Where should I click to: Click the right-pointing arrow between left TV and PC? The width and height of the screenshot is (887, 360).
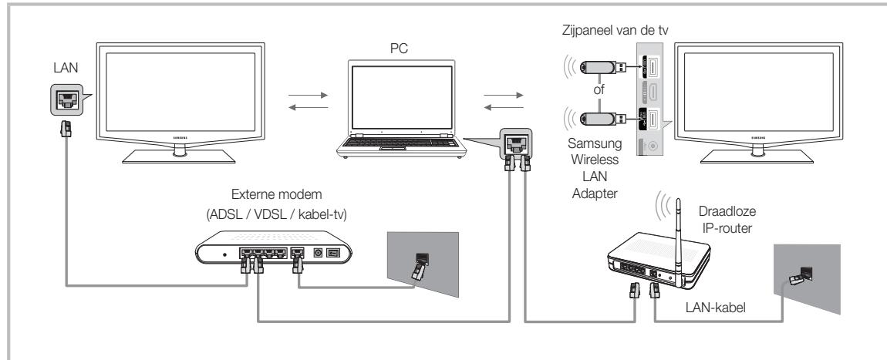(x=304, y=98)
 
